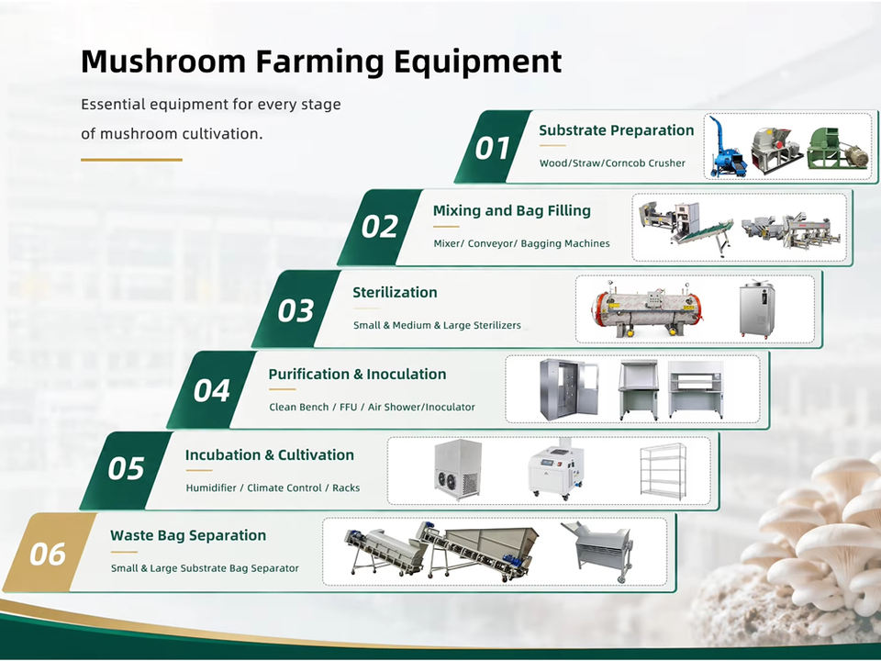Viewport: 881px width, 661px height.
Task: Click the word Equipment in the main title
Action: click(477, 62)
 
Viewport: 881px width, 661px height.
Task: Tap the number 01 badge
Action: click(492, 147)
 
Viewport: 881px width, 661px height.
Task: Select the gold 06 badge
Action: click(49, 553)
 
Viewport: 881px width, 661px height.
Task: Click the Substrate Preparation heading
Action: click(617, 130)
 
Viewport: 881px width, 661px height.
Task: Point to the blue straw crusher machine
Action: click(727, 147)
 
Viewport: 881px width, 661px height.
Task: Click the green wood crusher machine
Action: click(837, 148)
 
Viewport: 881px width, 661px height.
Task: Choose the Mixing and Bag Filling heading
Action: click(511, 211)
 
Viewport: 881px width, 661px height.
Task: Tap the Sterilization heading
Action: click(395, 292)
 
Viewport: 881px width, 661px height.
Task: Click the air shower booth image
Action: click(569, 389)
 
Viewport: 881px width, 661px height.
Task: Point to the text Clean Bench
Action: click(298, 407)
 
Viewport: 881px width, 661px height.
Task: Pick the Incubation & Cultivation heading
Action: click(270, 454)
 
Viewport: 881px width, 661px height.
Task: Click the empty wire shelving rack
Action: click(664, 471)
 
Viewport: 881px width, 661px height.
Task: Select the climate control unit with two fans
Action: click(458, 470)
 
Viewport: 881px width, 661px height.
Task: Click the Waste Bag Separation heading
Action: click(188, 535)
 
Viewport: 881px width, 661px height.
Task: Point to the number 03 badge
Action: click(296, 309)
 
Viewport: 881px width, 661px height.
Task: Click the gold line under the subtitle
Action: click(131, 160)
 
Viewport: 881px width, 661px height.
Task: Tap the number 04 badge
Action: click(211, 390)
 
